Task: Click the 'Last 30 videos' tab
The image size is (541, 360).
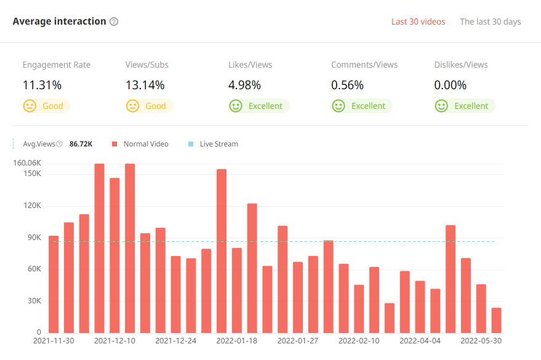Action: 418,22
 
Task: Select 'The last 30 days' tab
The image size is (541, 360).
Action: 490,22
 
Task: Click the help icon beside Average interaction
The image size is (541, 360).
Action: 114,22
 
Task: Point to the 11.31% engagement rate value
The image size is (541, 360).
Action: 42,85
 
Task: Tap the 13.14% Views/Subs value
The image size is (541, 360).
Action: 145,85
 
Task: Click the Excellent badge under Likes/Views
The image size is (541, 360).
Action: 258,106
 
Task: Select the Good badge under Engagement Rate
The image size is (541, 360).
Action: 46,106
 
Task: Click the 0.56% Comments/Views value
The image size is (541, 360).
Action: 347,85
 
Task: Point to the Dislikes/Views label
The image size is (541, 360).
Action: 460,65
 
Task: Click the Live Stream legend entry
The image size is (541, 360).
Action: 218,144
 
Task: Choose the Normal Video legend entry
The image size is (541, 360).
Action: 145,144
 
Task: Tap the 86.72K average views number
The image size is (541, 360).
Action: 81,144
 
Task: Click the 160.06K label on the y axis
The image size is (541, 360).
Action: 26,163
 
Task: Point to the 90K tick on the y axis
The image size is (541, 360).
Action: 32,238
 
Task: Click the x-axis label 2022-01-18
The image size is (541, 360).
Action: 237,340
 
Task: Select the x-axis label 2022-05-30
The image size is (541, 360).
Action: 481,340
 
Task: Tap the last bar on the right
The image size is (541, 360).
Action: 496,320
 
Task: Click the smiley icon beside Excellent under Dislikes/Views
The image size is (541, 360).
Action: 441,106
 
